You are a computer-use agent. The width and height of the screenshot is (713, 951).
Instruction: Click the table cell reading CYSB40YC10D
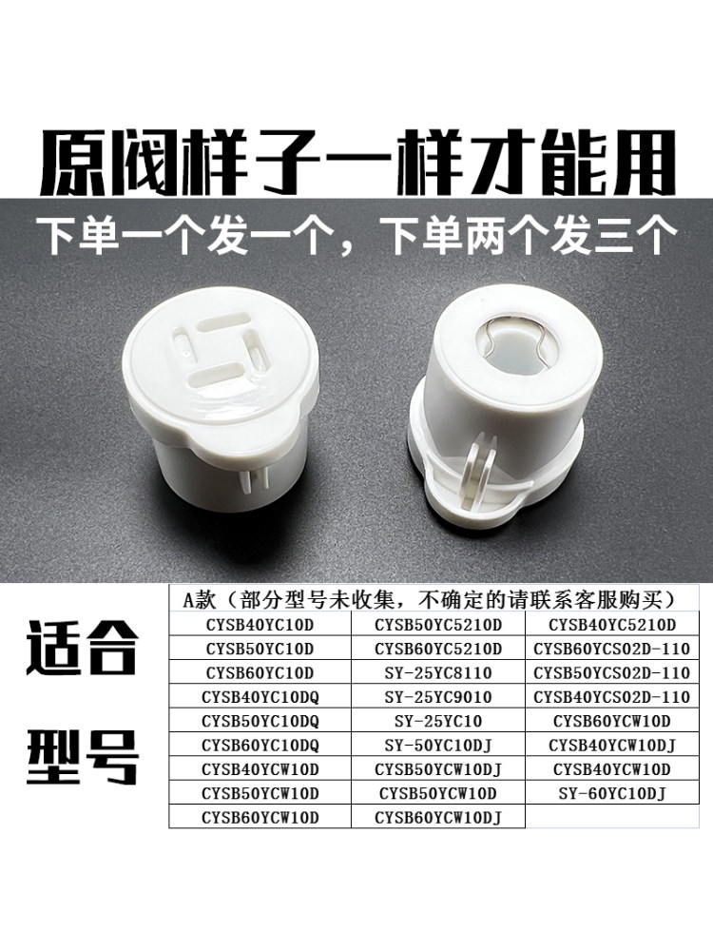pos(260,625)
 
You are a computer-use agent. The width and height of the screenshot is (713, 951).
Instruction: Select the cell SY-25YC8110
pos(437,672)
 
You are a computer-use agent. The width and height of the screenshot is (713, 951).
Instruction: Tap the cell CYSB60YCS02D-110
pos(611,649)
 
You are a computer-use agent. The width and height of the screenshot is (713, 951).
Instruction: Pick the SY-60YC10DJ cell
pos(611,793)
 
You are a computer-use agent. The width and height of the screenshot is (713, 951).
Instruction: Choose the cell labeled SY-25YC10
pos(437,721)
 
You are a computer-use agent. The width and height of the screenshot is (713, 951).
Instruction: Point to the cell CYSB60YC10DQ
pos(260,745)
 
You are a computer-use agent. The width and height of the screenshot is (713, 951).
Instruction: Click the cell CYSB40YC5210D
pos(611,625)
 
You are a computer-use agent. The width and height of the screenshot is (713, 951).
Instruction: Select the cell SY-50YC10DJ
pos(437,745)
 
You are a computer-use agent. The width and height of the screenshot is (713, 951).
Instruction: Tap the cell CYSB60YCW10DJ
pos(437,818)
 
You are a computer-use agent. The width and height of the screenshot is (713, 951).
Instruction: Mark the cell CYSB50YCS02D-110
pos(611,672)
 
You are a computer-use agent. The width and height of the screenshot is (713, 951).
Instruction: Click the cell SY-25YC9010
pos(437,697)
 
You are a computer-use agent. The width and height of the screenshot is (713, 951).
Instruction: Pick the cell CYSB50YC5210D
pos(437,625)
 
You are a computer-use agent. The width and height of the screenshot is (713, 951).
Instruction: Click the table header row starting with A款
pos(434,600)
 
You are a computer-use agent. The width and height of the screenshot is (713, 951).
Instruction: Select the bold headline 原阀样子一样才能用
pos(357,163)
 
